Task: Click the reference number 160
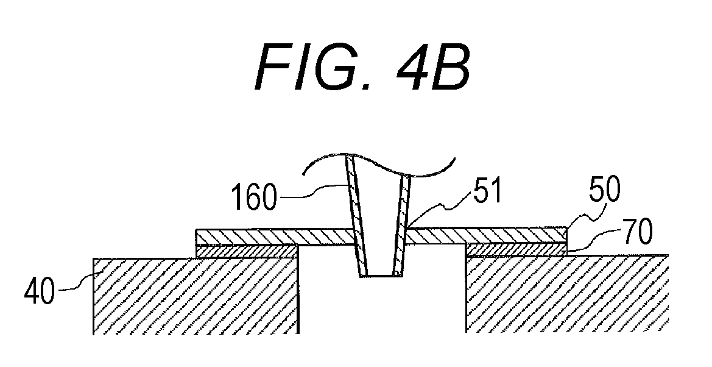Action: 254,198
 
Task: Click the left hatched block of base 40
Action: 196,296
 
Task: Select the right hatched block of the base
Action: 567,294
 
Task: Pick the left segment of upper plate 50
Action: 275,237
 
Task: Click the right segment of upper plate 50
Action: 486,235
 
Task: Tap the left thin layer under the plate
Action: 247,252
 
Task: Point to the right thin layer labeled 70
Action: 516,249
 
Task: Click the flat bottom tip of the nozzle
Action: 381,275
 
